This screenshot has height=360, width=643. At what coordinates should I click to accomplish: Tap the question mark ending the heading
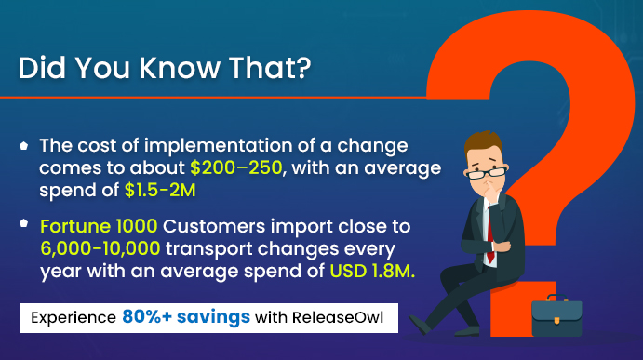pos(300,70)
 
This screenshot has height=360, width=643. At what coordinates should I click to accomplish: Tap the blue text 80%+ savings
pos(185,316)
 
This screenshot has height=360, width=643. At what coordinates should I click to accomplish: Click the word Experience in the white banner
pos(73,317)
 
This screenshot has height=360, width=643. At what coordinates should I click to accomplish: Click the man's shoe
pos(426,324)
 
